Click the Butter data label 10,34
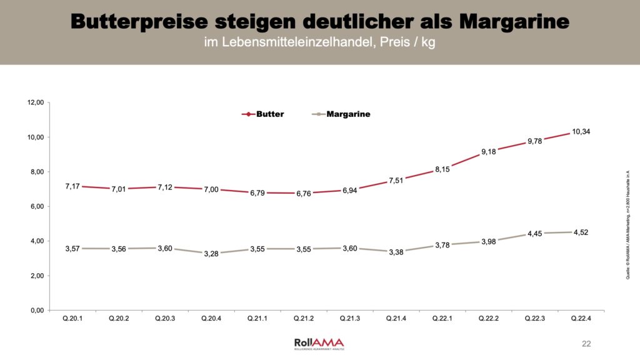(x=581, y=131)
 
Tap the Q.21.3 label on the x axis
(x=351, y=318)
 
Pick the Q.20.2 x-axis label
(x=119, y=318)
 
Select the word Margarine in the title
(x=514, y=21)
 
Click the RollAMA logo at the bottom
(x=319, y=343)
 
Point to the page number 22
(x=586, y=344)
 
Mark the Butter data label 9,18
(x=489, y=152)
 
